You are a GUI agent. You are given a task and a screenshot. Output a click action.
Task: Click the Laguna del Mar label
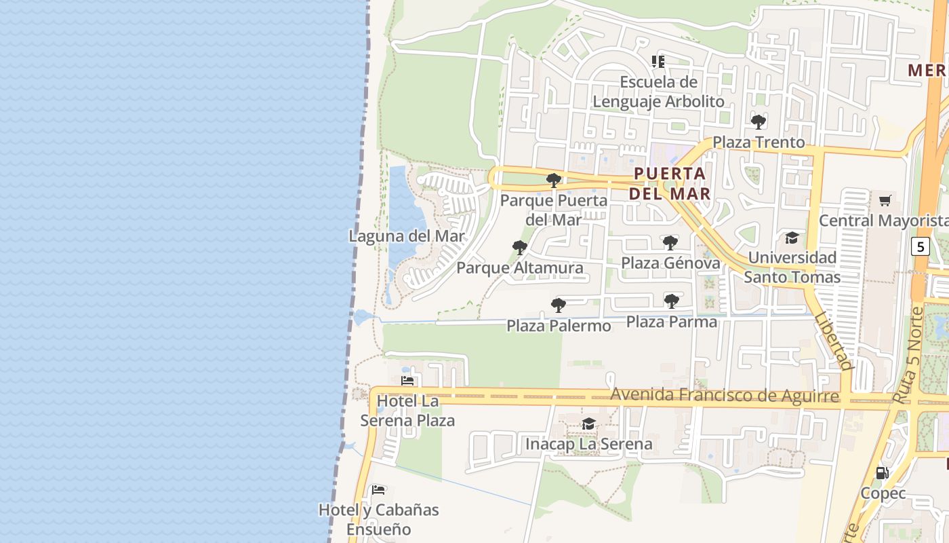click(407, 236)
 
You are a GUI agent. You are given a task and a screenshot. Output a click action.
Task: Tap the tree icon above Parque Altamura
click(520, 248)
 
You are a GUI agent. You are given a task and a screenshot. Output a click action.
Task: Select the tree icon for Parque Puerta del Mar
click(554, 181)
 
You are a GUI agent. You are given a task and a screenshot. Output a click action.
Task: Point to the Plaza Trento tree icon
click(759, 122)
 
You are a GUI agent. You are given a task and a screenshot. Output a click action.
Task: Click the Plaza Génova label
click(670, 263)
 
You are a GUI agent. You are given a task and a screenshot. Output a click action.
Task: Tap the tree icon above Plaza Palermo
click(559, 305)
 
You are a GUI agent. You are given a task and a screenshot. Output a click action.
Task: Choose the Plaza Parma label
click(671, 321)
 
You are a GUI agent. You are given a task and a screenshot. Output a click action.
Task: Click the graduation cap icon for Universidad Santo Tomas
click(792, 238)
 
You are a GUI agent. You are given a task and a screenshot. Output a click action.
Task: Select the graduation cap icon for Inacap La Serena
click(588, 424)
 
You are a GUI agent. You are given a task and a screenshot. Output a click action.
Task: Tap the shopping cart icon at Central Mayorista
click(885, 200)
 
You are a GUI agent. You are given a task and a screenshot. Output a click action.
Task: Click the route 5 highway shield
click(920, 246)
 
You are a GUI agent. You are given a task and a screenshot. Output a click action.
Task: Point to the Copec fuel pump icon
click(882, 473)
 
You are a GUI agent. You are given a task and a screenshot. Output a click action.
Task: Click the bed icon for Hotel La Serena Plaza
click(407, 381)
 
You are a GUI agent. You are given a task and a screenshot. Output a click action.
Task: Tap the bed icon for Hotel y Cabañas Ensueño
click(378, 489)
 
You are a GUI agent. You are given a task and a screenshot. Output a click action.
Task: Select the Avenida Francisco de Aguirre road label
click(724, 395)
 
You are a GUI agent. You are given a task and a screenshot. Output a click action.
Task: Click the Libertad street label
click(833, 341)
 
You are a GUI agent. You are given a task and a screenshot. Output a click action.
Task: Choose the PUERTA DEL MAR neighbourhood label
click(670, 183)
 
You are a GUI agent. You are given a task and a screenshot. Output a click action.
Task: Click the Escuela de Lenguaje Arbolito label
click(658, 92)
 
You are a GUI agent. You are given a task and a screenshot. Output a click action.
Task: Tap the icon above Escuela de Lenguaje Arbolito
click(658, 62)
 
